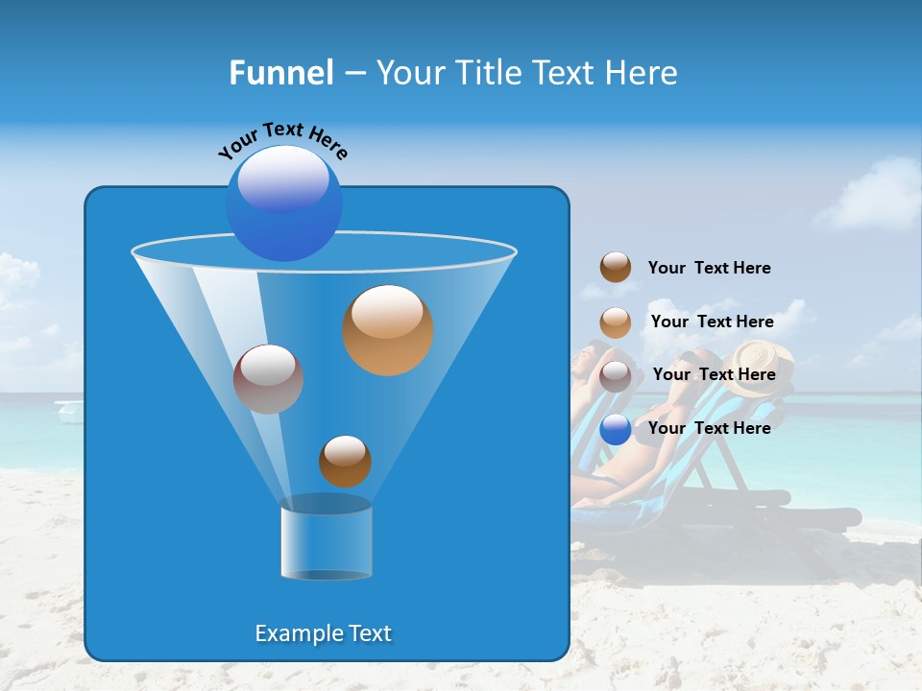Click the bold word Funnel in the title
[280, 73]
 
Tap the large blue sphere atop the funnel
[284, 203]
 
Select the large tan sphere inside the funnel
[387, 330]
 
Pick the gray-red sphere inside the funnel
[268, 379]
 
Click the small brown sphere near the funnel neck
[345, 461]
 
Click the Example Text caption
[324, 633]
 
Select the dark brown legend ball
[616, 268]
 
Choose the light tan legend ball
[616, 322]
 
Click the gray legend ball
[616, 376]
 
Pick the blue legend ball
[616, 429]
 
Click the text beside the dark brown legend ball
[709, 269]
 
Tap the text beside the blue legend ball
[709, 428]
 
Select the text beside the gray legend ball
[714, 375]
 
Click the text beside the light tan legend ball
[712, 322]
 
